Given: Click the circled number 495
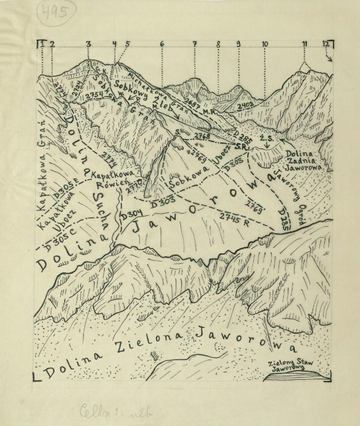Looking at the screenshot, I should [x=57, y=12].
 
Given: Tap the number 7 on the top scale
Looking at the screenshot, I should [x=195, y=44].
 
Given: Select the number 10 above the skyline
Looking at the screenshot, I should [x=265, y=44].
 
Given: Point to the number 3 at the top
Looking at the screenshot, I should [x=88, y=44].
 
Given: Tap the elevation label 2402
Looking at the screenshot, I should [x=245, y=106].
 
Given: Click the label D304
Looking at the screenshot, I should [x=131, y=215].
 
